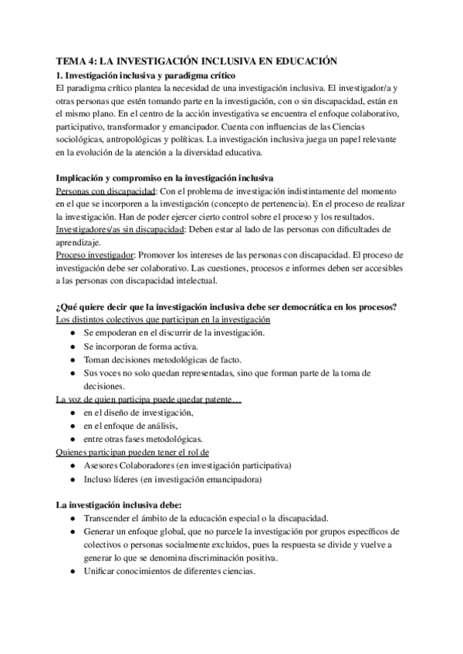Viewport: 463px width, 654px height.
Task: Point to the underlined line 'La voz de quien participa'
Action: click(x=150, y=399)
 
